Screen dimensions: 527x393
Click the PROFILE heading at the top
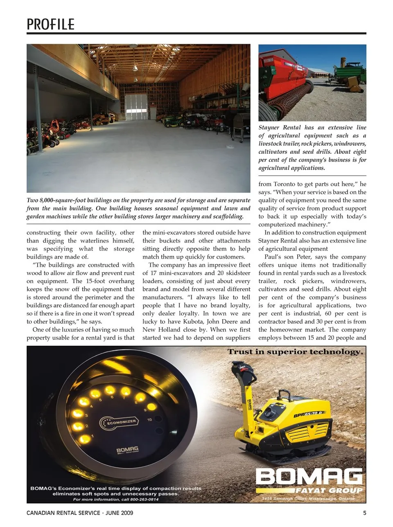click(50, 24)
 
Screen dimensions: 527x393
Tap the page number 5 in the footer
click(364, 513)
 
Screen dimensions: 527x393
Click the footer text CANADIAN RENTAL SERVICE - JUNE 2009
click(80, 513)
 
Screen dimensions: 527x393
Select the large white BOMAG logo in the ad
click(309, 477)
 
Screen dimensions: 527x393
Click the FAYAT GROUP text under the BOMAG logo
click(329, 490)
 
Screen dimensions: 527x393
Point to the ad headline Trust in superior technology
click(295, 352)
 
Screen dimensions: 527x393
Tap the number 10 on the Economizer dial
click(149, 420)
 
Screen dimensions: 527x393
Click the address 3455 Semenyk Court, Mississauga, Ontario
click(308, 499)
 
